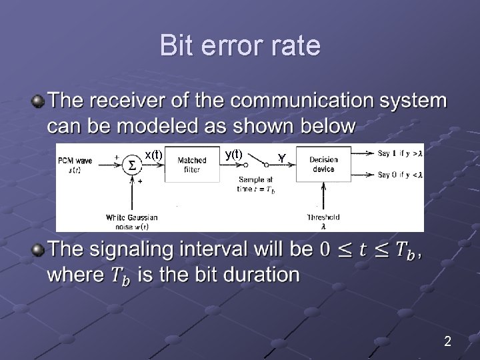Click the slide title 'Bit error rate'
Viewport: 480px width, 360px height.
pyautogui.click(x=240, y=46)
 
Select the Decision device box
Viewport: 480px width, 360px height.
pyautogui.click(x=323, y=164)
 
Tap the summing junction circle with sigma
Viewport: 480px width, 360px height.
pyautogui.click(x=132, y=165)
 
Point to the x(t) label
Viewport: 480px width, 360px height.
pyautogui.click(x=153, y=154)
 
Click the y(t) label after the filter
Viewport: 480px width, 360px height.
pyautogui.click(x=233, y=154)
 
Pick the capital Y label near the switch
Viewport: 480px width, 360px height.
pyautogui.click(x=282, y=158)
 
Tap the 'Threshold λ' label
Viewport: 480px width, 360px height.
pyautogui.click(x=323, y=221)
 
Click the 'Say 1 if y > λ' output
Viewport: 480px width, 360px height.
pyautogui.click(x=400, y=153)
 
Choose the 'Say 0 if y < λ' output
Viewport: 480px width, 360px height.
pyautogui.click(x=400, y=175)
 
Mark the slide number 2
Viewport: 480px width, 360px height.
pyautogui.click(x=447, y=342)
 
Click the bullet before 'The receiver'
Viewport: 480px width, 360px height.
pyautogui.click(x=39, y=101)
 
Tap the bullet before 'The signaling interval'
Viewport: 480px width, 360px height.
pyautogui.click(x=39, y=250)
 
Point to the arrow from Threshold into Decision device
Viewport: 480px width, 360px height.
pyautogui.click(x=323, y=197)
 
